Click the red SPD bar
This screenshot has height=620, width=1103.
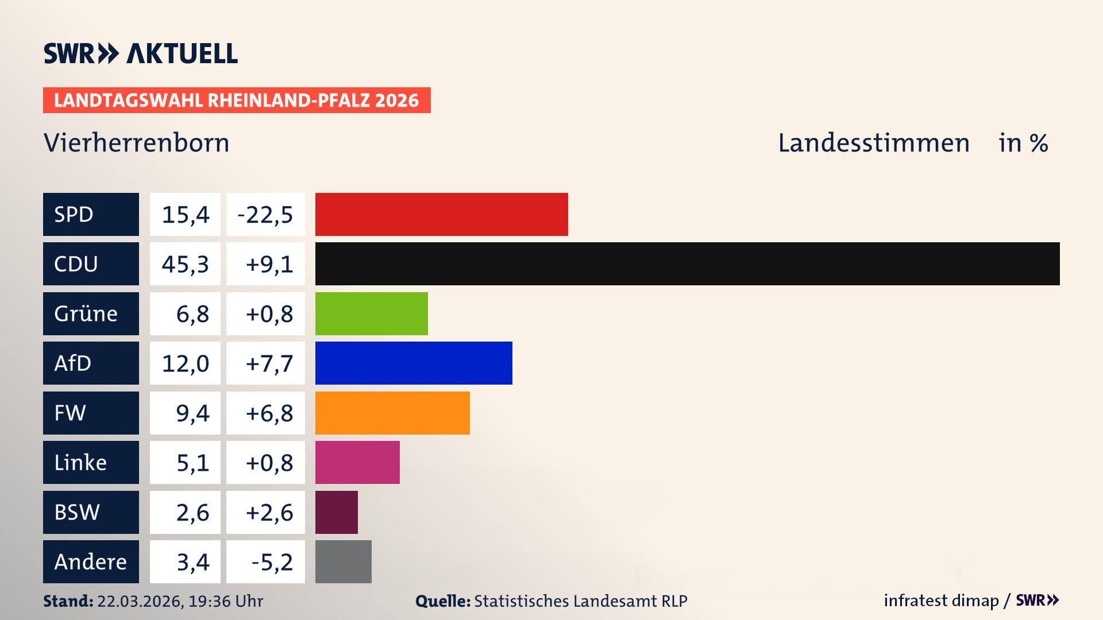(441, 214)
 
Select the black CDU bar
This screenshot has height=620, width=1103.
(687, 263)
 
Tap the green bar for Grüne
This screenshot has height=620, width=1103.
(371, 313)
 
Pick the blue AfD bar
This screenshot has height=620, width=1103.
(414, 363)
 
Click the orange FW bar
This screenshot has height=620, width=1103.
(392, 413)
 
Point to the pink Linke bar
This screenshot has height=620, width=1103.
(357, 462)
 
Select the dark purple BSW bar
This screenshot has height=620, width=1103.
(336, 512)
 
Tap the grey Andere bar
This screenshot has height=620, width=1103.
(343, 561)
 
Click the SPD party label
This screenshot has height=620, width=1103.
(91, 214)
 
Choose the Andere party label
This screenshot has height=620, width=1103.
(91, 561)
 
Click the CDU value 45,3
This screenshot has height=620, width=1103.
(185, 264)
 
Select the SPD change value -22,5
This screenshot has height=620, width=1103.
(265, 215)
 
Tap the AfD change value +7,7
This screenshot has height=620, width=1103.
(269, 363)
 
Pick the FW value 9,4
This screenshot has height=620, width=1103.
(192, 413)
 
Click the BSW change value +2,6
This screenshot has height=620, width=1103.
(269, 513)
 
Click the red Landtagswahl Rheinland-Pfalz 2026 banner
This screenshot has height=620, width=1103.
(237, 100)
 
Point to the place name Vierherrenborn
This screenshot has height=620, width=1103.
(136, 142)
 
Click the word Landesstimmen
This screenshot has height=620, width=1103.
(873, 142)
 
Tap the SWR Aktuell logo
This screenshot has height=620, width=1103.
(141, 53)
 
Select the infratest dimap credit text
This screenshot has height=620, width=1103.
(941, 600)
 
